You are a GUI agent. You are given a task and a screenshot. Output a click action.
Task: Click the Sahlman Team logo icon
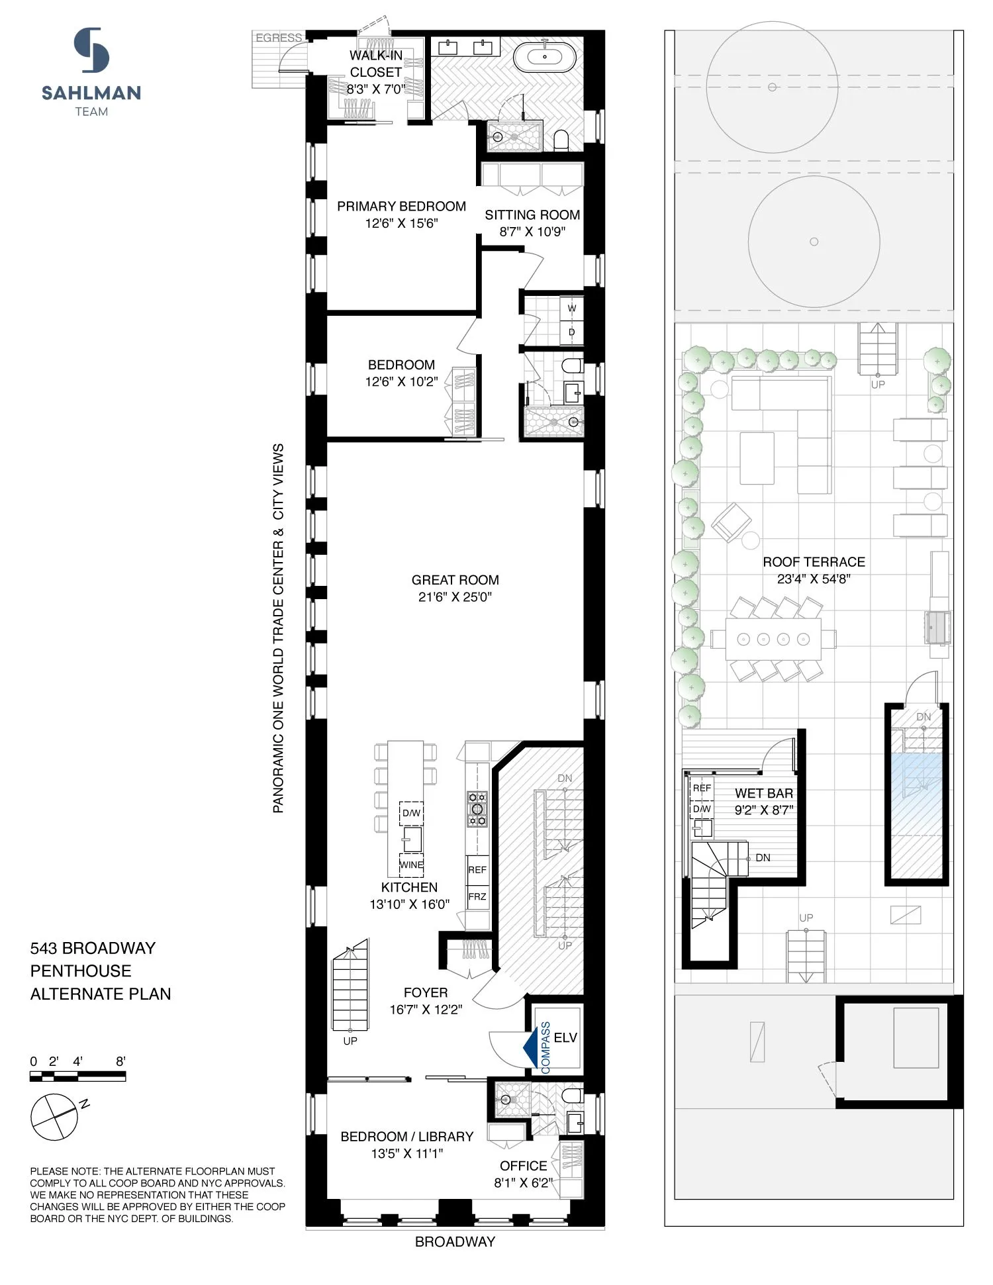(x=91, y=50)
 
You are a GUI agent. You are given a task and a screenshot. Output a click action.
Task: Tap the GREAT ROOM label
(x=455, y=581)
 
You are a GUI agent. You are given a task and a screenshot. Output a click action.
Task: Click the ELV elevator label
(x=565, y=1037)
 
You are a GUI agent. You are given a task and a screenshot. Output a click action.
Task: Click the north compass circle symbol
(x=54, y=1117)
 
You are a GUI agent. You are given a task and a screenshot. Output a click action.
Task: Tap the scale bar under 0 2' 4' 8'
(x=77, y=1078)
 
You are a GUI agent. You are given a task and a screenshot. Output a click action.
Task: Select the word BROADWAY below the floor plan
(x=455, y=1242)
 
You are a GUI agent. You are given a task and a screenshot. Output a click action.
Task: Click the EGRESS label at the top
(x=279, y=38)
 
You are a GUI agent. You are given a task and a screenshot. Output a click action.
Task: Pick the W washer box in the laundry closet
(x=571, y=309)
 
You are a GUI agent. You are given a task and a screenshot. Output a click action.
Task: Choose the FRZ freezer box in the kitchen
(x=477, y=897)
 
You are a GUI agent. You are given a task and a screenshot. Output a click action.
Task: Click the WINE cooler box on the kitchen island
(x=411, y=865)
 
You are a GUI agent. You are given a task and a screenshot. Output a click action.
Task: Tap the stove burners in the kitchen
(x=477, y=808)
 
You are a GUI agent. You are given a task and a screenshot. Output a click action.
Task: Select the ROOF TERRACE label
(x=814, y=562)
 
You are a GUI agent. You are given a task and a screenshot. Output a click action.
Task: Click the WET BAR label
(x=763, y=793)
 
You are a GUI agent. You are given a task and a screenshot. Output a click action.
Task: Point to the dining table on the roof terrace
(x=773, y=639)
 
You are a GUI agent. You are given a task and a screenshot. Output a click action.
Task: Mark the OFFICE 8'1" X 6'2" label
(x=523, y=1174)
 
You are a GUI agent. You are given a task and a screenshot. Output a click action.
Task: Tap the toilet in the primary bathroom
(x=561, y=140)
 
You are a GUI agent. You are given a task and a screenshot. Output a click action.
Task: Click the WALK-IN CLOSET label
(x=375, y=64)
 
